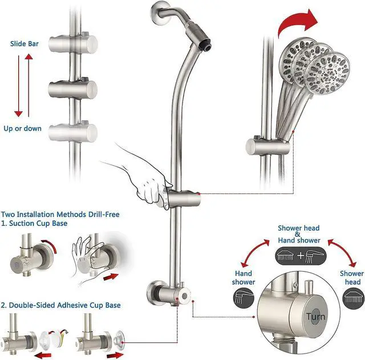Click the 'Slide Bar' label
(24, 43)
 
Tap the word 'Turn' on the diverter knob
(315, 316)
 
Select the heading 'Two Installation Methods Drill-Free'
(60, 214)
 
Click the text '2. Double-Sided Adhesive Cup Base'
(60, 305)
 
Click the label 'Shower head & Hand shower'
(299, 234)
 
